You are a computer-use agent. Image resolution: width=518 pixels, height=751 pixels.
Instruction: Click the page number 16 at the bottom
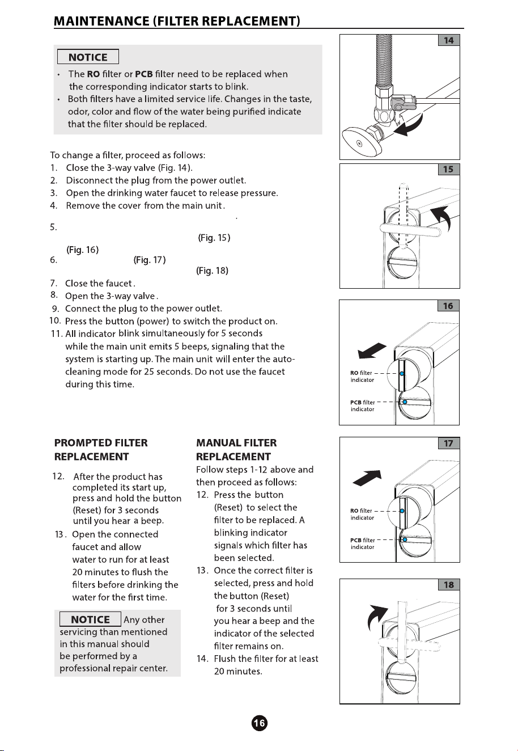coord(260,723)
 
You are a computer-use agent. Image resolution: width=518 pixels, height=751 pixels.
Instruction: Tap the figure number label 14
coord(449,40)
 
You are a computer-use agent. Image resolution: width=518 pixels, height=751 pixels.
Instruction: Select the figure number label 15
coord(449,169)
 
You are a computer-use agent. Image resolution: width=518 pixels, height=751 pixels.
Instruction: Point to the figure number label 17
coord(449,443)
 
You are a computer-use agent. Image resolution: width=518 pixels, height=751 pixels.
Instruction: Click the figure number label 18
coord(449,585)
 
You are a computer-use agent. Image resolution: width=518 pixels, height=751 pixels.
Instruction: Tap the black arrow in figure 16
coord(372,351)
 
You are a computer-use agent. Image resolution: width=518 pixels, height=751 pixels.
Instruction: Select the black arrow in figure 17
coord(368,478)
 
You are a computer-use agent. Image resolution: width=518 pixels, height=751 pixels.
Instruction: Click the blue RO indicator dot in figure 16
coord(402,373)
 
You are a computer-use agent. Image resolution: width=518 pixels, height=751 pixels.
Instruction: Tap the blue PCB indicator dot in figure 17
coord(405,539)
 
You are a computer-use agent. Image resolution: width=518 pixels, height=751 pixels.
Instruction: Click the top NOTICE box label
coord(88,57)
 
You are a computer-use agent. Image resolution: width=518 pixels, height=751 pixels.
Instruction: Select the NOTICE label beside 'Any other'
coord(90,619)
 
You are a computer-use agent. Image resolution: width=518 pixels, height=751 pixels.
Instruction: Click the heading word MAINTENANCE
coord(101,21)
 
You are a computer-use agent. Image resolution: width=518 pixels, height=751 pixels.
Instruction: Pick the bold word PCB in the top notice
coord(144,74)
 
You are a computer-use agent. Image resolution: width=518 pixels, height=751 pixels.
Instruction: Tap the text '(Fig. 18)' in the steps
coord(213,271)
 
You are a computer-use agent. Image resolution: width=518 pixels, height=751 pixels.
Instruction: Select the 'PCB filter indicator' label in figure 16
coord(363,406)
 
